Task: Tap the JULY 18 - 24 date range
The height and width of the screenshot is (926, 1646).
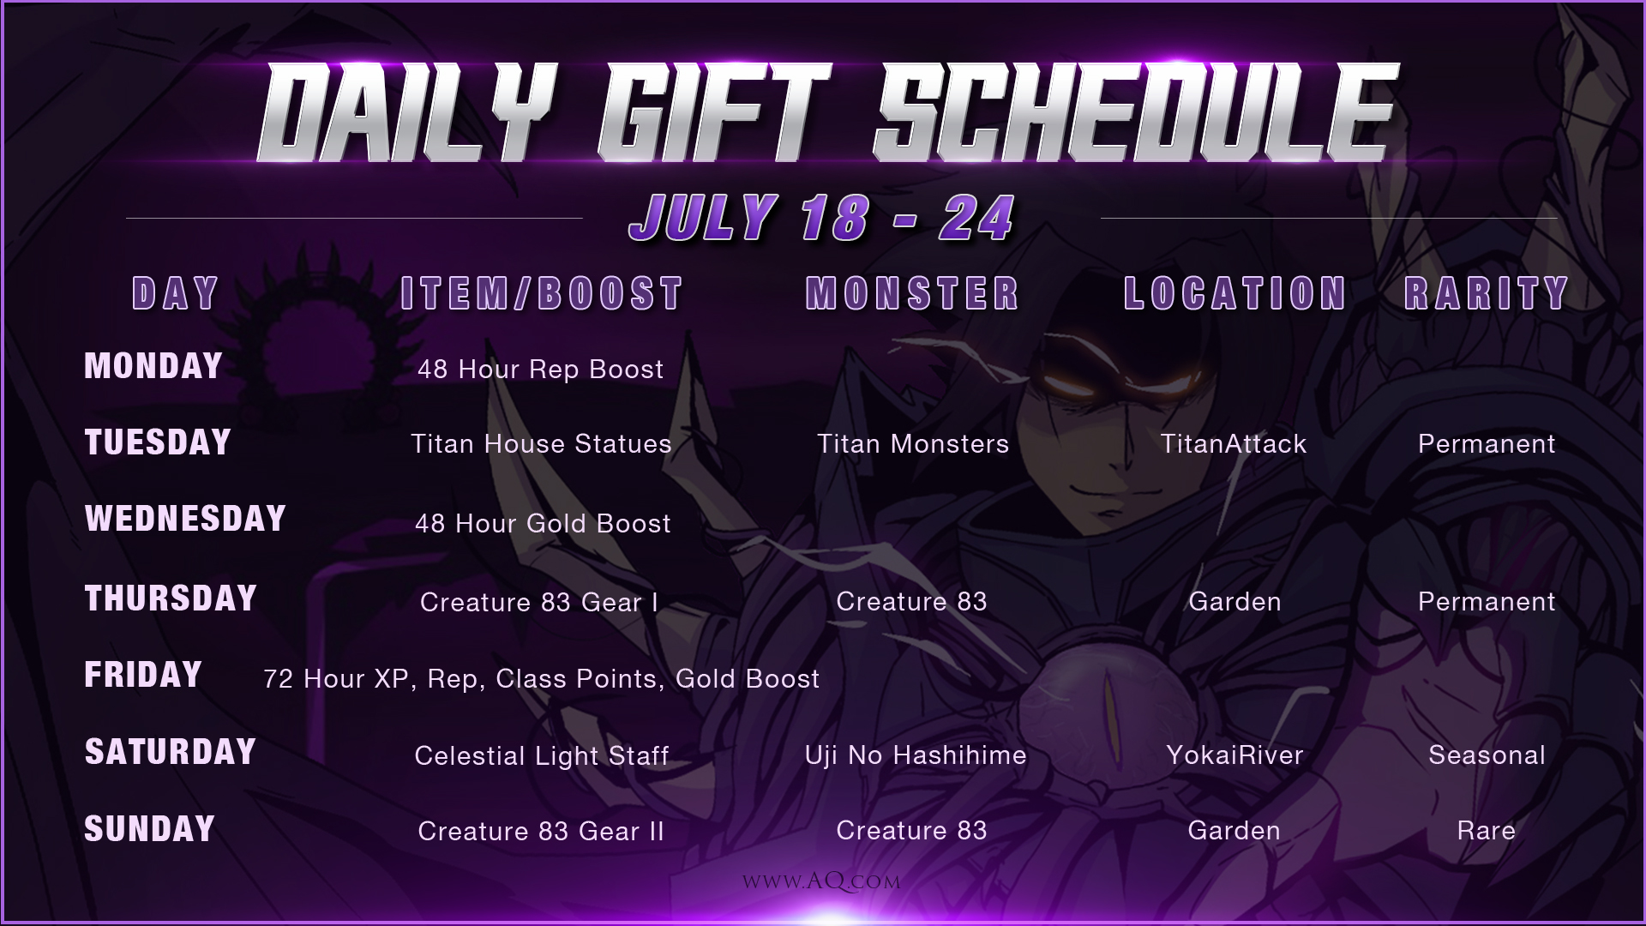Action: (x=822, y=218)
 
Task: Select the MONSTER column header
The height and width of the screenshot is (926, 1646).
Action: (x=912, y=293)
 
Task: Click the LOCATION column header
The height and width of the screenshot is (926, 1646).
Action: (x=1234, y=293)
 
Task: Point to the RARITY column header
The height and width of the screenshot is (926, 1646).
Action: (x=1487, y=293)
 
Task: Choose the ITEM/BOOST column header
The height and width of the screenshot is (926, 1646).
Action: (x=542, y=293)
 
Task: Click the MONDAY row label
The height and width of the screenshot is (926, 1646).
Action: (x=153, y=366)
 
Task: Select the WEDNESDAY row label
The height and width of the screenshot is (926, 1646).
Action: (x=185, y=519)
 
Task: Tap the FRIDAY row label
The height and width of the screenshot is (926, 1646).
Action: (x=143, y=675)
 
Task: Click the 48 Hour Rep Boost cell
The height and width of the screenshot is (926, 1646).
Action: (x=540, y=370)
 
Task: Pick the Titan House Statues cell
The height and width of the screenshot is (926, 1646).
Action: (x=541, y=444)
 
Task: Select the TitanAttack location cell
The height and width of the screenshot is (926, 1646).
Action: (x=1234, y=444)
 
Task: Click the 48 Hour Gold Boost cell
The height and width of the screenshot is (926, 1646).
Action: (x=543, y=524)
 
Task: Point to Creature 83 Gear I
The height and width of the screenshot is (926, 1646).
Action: (x=539, y=603)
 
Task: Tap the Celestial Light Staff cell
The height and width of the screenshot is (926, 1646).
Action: (x=542, y=756)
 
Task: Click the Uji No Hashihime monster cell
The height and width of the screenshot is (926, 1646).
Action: (x=916, y=755)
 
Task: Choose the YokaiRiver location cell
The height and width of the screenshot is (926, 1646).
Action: (x=1234, y=755)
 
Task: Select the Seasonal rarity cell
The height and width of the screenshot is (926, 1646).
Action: (x=1487, y=755)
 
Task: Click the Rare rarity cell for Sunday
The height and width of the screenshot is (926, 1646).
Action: (x=1487, y=831)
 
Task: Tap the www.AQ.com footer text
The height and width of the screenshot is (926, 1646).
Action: (x=821, y=881)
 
